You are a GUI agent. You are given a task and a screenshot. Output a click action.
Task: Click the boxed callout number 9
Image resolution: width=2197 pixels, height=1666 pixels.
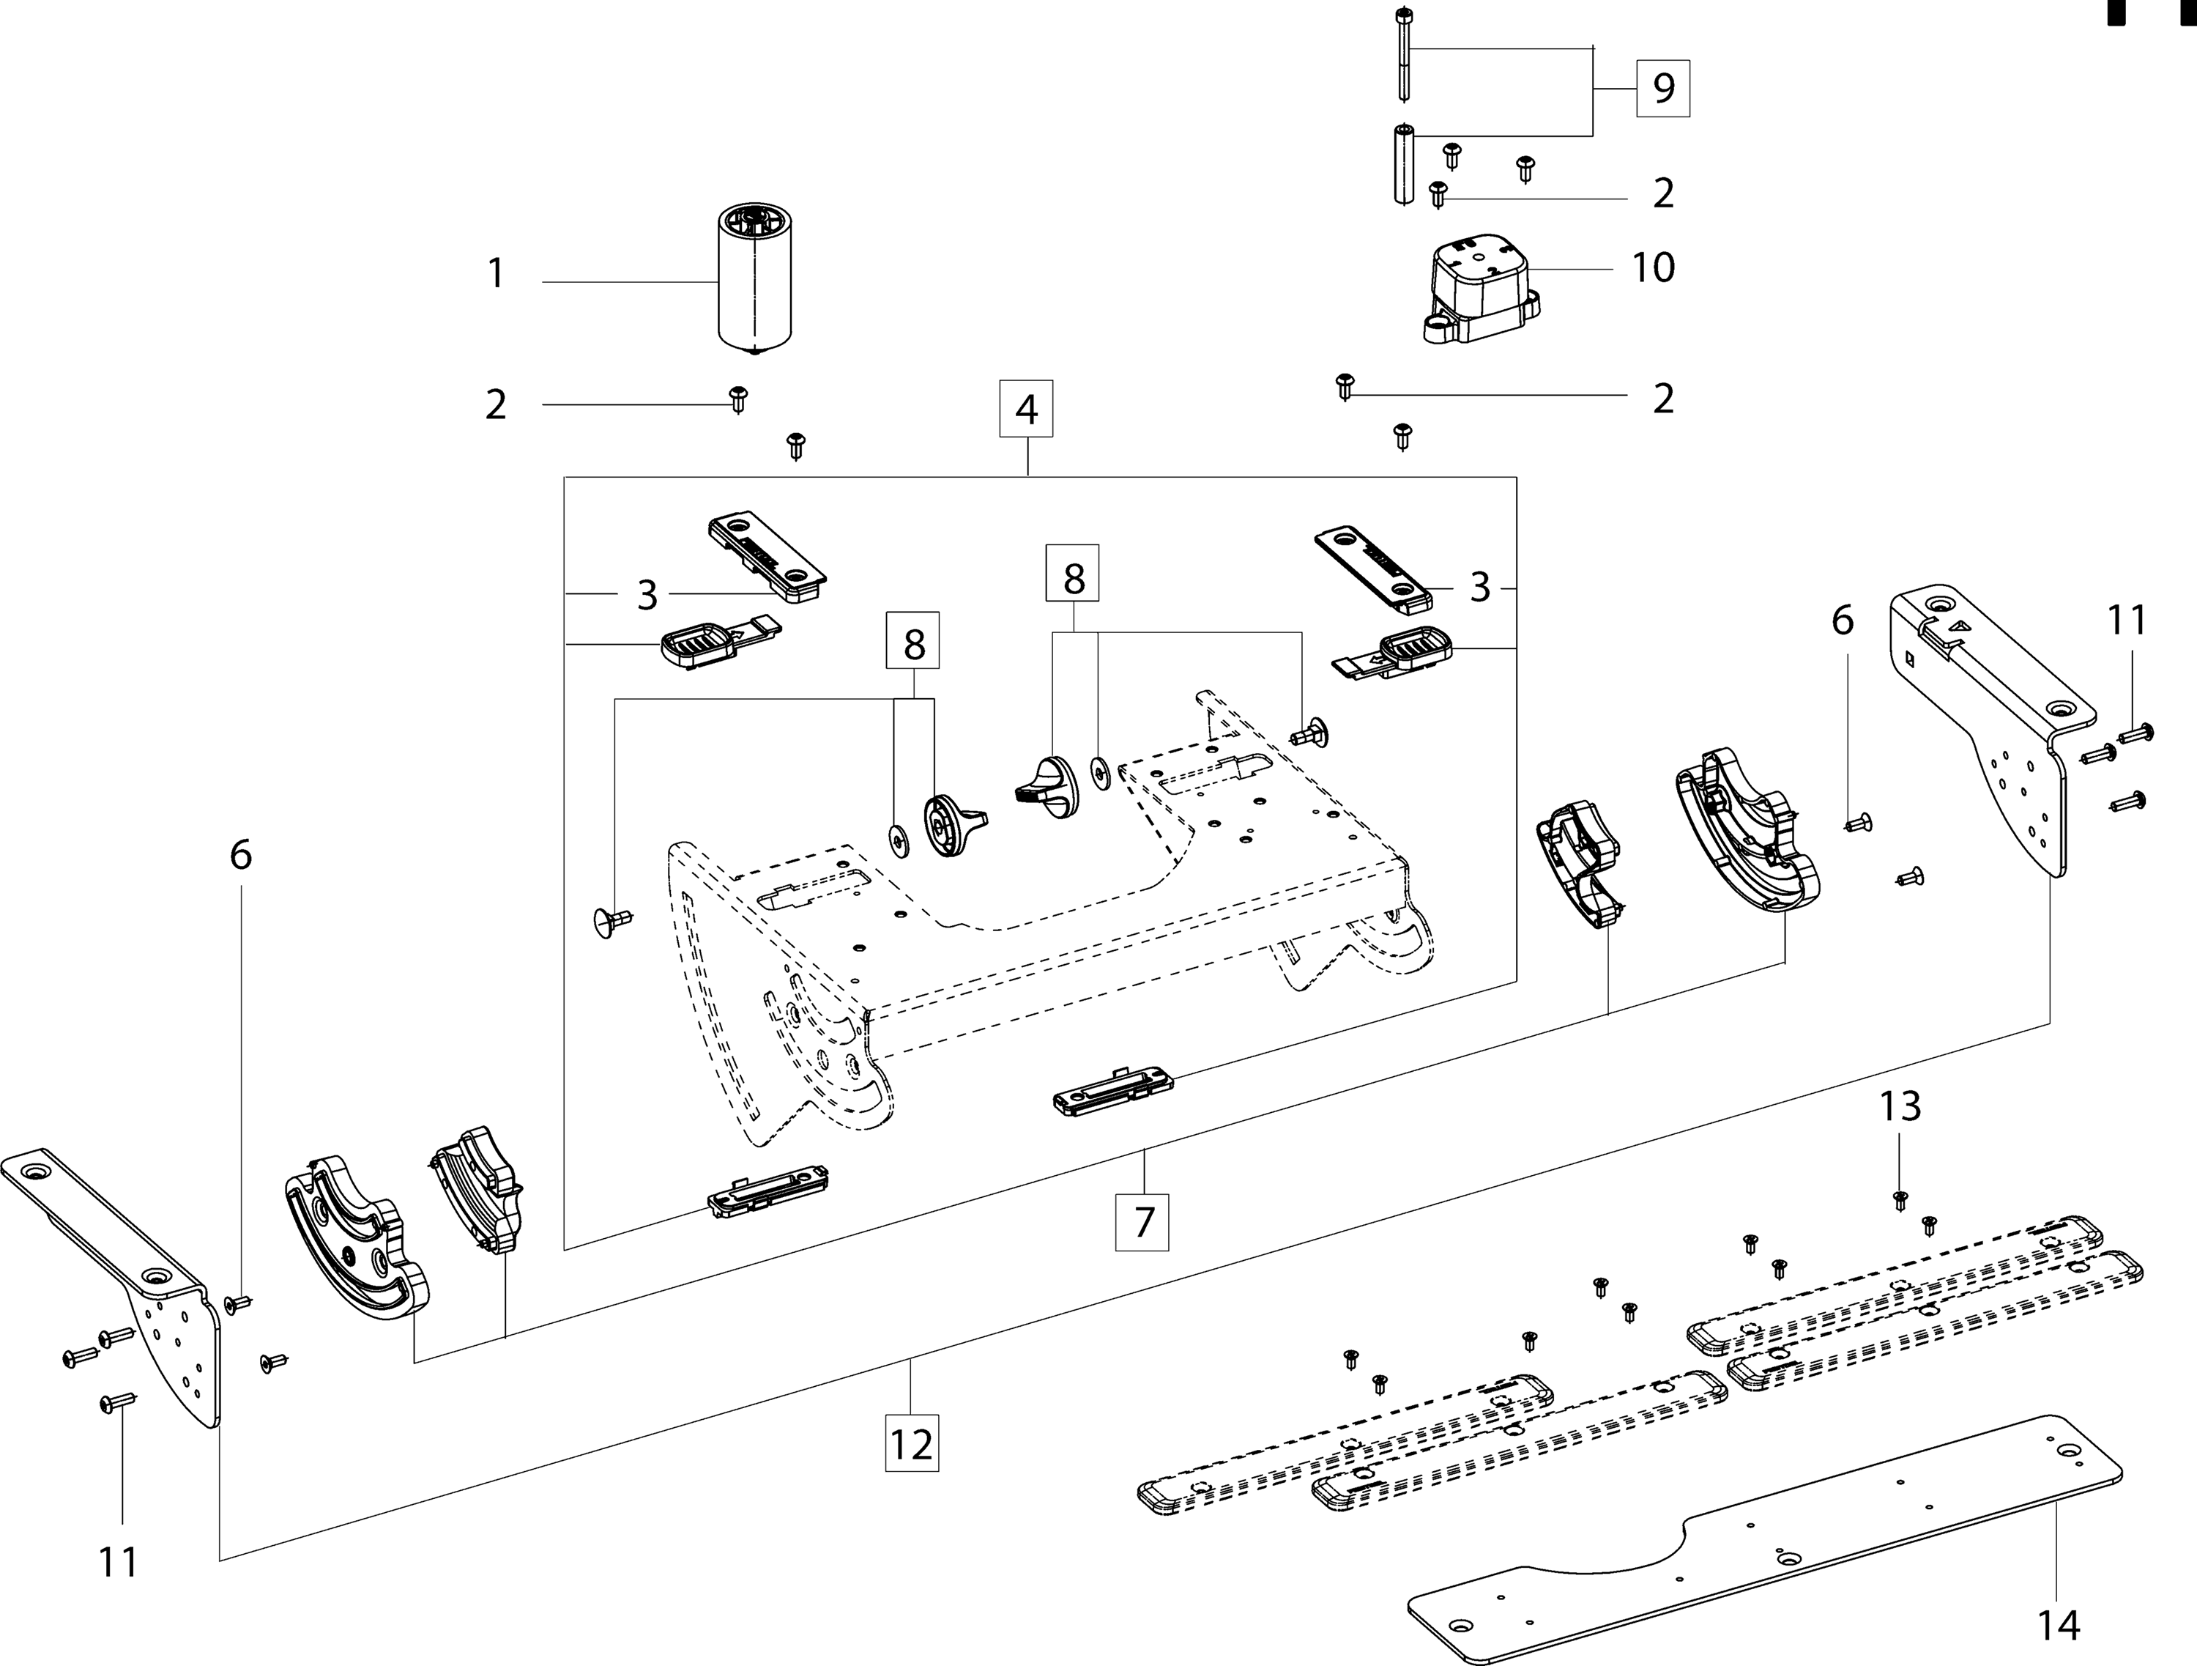[1664, 89]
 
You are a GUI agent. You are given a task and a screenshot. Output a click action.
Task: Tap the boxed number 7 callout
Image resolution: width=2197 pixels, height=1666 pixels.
[1143, 1222]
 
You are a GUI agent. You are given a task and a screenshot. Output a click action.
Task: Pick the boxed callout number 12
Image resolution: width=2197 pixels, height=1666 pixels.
[912, 1443]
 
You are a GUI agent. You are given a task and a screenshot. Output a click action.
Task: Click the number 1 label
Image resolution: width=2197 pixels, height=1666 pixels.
[497, 273]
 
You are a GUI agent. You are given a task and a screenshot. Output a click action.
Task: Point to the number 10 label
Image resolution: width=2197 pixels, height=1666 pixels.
[1654, 267]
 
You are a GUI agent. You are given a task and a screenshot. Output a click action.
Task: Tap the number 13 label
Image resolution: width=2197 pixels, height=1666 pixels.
[1900, 1106]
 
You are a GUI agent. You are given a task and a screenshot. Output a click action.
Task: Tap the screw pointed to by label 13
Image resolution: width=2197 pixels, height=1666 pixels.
[1900, 1200]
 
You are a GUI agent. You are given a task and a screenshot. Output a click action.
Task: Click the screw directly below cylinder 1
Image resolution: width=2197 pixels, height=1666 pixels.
[738, 399]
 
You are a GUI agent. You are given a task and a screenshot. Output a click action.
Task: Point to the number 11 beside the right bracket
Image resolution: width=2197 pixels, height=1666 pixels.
[2127, 620]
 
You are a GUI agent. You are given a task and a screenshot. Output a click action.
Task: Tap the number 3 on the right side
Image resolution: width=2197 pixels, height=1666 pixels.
[1480, 587]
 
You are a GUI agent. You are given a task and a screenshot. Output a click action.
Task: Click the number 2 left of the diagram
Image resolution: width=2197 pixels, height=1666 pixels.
[496, 404]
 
